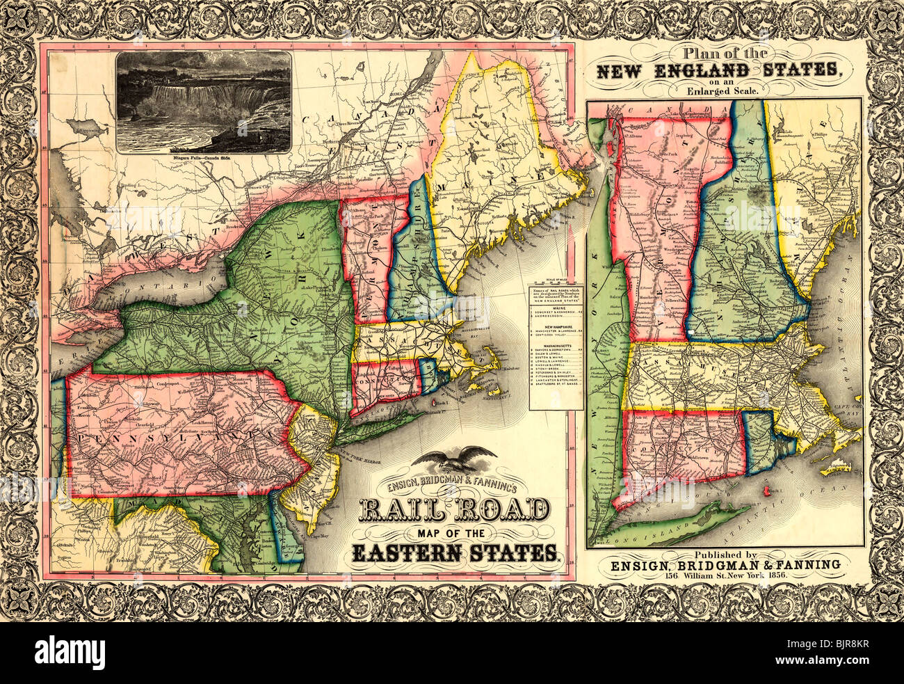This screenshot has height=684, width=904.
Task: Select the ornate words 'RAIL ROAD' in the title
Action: click(x=453, y=511)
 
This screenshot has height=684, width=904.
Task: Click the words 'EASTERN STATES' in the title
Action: click(x=455, y=553)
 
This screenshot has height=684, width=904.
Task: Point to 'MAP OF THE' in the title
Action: click(x=453, y=533)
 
